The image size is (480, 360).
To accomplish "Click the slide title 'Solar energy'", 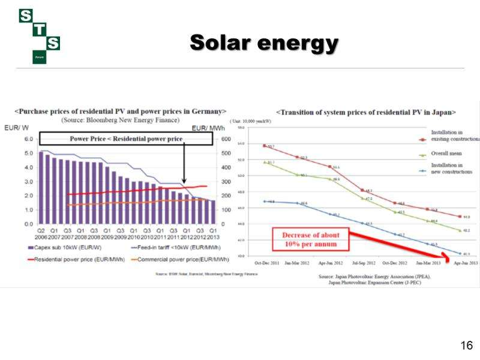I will coord(264,43).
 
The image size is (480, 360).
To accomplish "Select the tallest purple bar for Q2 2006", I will coord(41,187).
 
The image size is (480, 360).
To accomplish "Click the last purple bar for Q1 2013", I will coord(212,212).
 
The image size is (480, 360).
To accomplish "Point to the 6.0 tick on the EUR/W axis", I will coord(28,139).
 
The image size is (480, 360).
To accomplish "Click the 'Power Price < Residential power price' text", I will coord(126,139).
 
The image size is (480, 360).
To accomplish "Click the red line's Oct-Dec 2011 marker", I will coord(265,146).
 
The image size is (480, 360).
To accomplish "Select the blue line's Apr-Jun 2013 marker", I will coord(460,253).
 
